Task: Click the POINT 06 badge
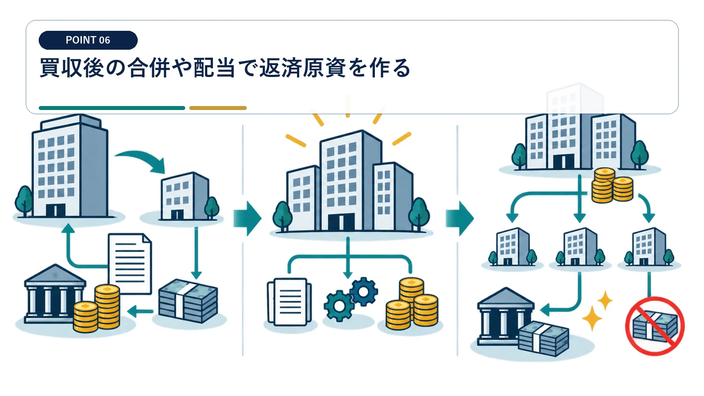click(x=88, y=40)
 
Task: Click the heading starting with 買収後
click(x=225, y=68)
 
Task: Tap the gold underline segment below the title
click(x=218, y=108)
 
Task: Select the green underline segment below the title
click(x=112, y=108)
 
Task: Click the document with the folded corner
click(x=130, y=264)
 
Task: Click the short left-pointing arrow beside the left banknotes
click(x=140, y=312)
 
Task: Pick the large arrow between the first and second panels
click(x=247, y=218)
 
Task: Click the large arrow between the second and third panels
click(x=459, y=218)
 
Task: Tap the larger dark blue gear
click(x=363, y=291)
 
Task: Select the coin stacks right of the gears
click(x=412, y=304)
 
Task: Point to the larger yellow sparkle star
click(x=592, y=318)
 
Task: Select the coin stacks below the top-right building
click(x=612, y=185)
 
